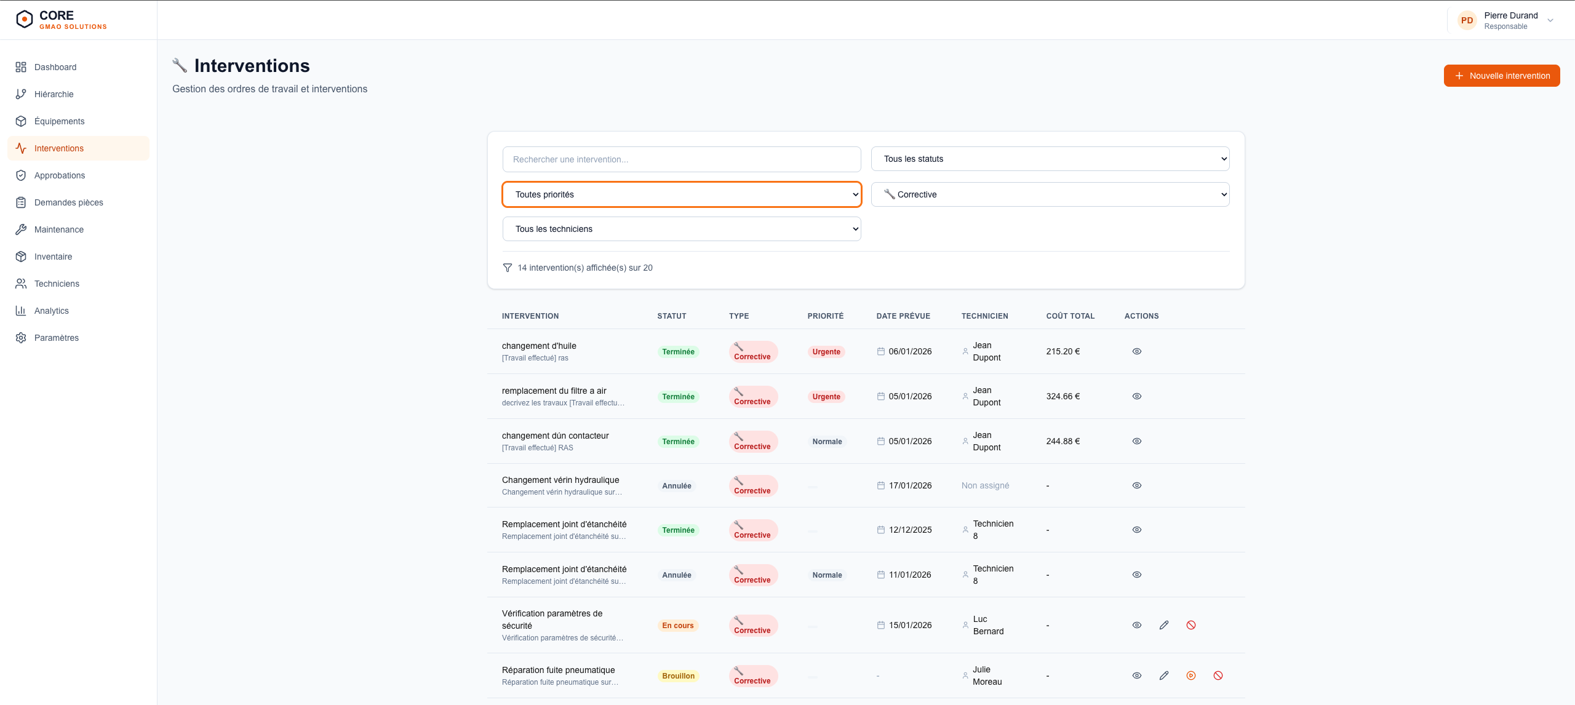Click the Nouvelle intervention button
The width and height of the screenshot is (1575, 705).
(x=1501, y=76)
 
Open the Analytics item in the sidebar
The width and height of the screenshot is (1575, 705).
(x=51, y=311)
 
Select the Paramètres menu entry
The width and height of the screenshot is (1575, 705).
(x=56, y=338)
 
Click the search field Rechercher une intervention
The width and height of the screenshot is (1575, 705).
(x=682, y=159)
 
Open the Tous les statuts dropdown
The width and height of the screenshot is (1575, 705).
(x=1050, y=159)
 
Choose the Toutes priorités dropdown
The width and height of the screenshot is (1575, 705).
(x=682, y=194)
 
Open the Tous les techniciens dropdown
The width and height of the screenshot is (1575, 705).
(x=682, y=229)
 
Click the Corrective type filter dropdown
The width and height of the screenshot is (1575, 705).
(x=1050, y=194)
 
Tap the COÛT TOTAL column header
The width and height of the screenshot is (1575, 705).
(x=1071, y=316)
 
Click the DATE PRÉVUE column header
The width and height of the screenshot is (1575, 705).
(x=903, y=316)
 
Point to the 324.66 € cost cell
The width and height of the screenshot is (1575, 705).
(x=1063, y=396)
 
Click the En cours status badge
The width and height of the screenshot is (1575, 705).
(x=678, y=626)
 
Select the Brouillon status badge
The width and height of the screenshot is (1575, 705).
(x=678, y=676)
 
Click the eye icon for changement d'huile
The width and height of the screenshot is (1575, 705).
(x=1137, y=351)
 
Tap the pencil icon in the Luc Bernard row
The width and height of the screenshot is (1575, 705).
(x=1164, y=625)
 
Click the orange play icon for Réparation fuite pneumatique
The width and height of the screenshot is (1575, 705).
(x=1191, y=675)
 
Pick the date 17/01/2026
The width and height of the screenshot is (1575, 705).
(x=910, y=485)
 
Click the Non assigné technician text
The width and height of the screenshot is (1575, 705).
(x=985, y=485)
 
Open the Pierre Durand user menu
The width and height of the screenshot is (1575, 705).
(x=1507, y=20)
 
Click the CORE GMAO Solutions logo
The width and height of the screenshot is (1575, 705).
(x=62, y=20)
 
